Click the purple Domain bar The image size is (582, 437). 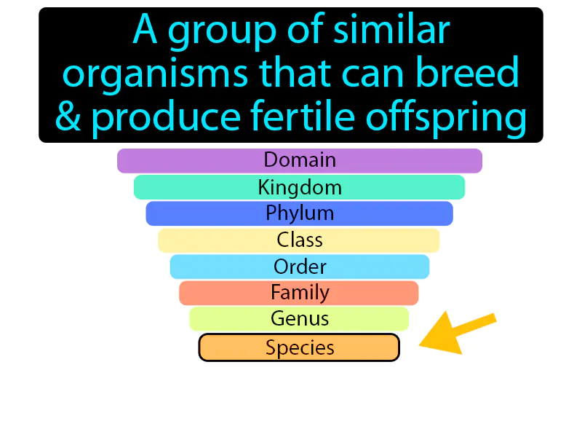pyautogui.click(x=300, y=160)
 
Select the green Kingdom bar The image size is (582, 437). pyautogui.click(x=300, y=187)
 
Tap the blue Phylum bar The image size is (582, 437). pyautogui.click(x=300, y=213)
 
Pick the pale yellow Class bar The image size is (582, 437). pyautogui.click(x=300, y=240)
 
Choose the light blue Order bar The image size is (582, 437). pyautogui.click(x=300, y=267)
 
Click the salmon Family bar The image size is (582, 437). pyautogui.click(x=300, y=293)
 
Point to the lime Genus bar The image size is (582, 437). pyautogui.click(x=300, y=319)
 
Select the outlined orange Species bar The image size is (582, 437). pyautogui.click(x=300, y=347)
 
